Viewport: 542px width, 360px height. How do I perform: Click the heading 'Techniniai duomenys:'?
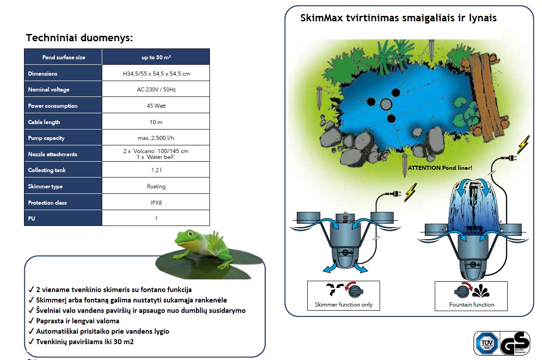click(x=79, y=38)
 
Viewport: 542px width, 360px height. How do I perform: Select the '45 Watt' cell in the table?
click(x=156, y=106)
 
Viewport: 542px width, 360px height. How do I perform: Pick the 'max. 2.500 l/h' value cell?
click(x=156, y=138)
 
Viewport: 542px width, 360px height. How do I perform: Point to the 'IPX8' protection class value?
click(x=156, y=202)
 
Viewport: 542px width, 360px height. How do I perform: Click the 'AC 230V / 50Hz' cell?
click(x=156, y=89)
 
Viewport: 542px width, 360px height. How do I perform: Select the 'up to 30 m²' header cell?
click(x=156, y=57)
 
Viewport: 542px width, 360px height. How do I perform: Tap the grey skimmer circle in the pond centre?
click(x=386, y=104)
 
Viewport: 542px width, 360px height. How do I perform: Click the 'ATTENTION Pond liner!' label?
click(x=440, y=168)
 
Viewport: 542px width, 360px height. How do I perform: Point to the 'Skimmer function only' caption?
click(x=343, y=305)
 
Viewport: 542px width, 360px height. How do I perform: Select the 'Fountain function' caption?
click(x=471, y=305)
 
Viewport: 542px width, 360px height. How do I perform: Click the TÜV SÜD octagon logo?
click(x=487, y=343)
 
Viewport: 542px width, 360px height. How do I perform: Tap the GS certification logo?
click(x=515, y=343)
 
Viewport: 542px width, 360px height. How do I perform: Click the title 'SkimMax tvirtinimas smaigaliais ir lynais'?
click(x=398, y=18)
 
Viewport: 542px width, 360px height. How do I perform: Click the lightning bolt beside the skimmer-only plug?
click(x=411, y=192)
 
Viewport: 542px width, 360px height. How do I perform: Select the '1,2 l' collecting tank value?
click(x=156, y=170)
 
